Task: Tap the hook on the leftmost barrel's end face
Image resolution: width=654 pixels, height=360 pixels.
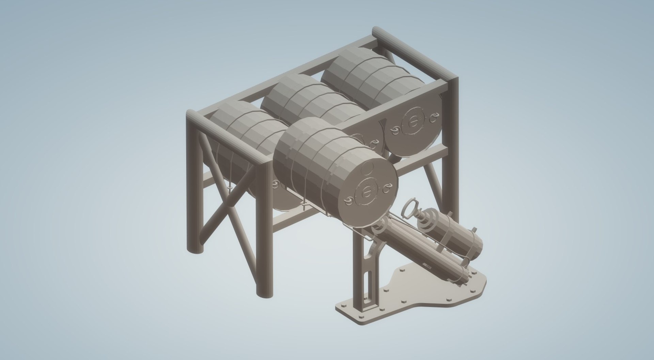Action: (x=275, y=185)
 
